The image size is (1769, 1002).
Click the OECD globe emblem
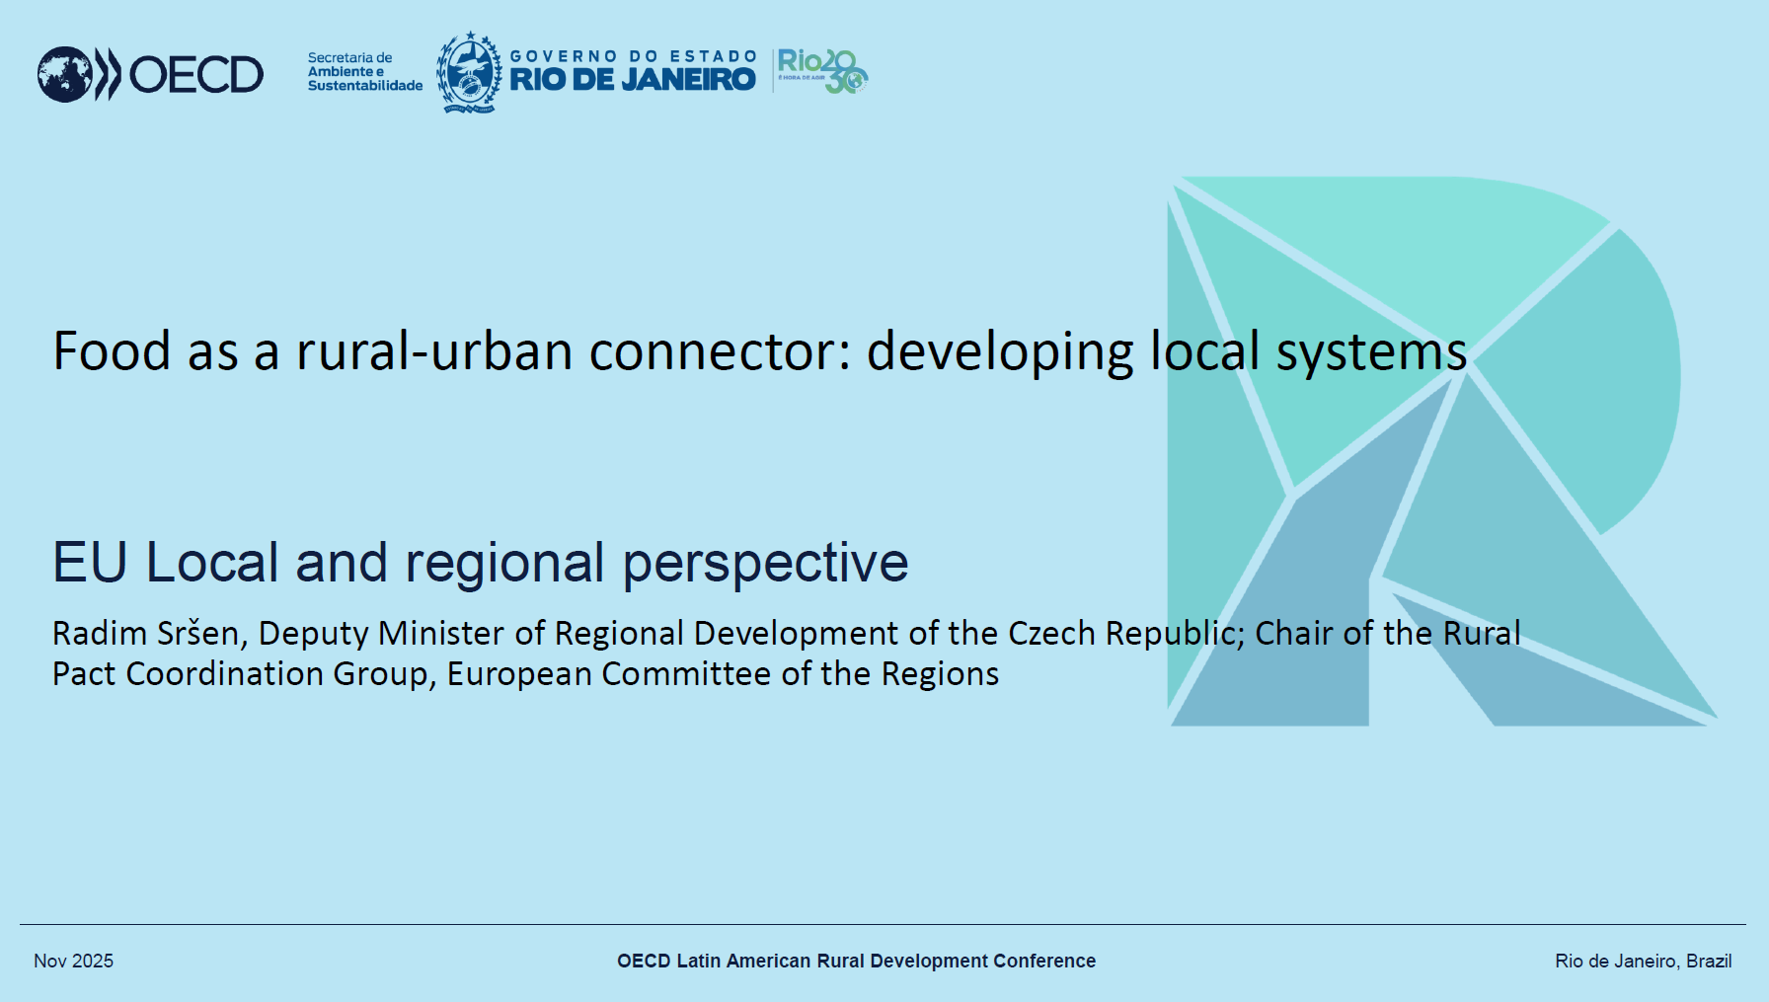pyautogui.click(x=65, y=74)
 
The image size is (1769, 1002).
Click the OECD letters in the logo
pyautogui.click(x=196, y=75)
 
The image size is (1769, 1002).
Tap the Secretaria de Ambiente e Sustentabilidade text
pyautogui.click(x=365, y=72)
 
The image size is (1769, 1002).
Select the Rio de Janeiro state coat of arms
pyautogui.click(x=469, y=72)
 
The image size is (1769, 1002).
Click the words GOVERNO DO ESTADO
pyautogui.click(x=633, y=56)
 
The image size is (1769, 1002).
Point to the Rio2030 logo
pyautogui.click(x=821, y=71)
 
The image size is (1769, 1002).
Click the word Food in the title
pyautogui.click(x=112, y=351)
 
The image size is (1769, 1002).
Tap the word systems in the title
pyautogui.click(x=1371, y=354)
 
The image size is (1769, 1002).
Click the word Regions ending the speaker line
pyautogui.click(x=940, y=675)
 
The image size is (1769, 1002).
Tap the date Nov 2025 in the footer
pyautogui.click(x=73, y=961)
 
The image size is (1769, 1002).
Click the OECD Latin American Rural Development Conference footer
pyautogui.click(x=856, y=961)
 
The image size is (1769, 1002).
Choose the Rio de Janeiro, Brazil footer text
pyautogui.click(x=1643, y=962)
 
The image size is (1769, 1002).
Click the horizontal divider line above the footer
pyautogui.click(x=883, y=925)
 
